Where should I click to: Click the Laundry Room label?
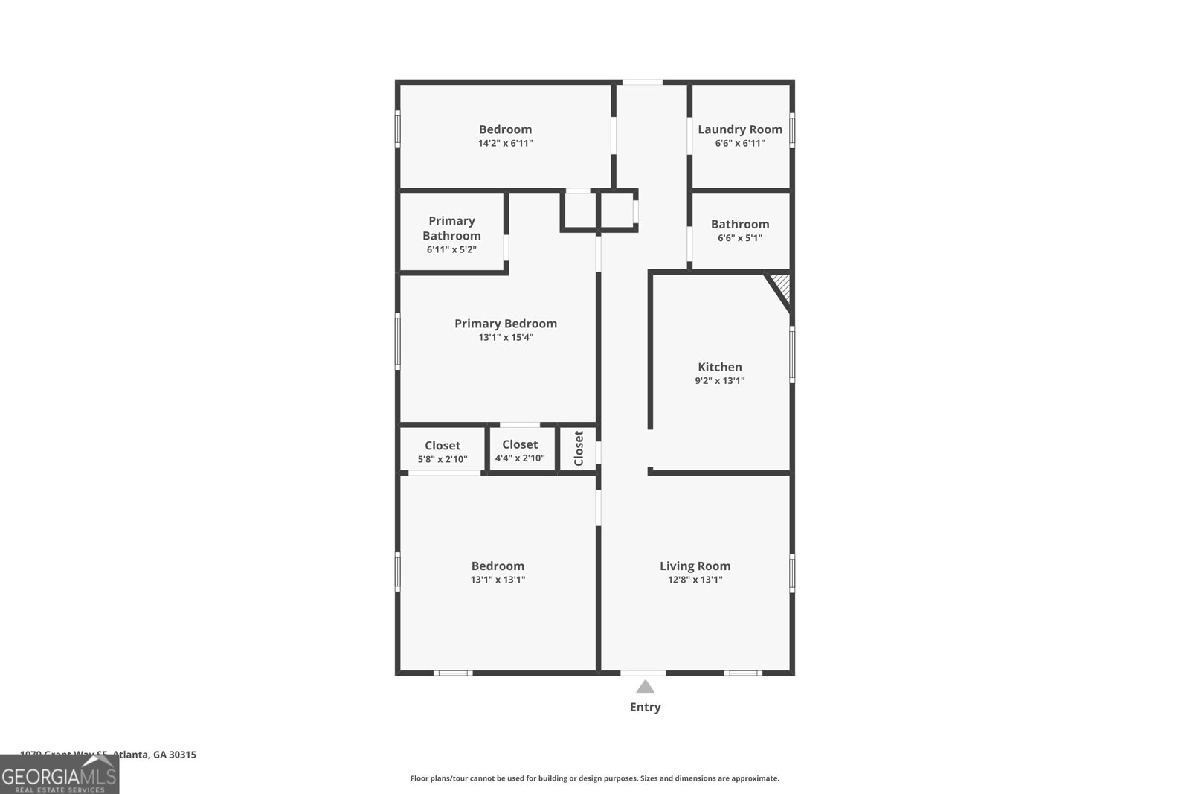point(739,129)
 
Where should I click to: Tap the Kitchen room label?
point(719,367)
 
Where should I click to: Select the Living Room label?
point(695,566)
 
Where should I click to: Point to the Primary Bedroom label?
point(505,324)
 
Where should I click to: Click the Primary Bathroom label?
point(451,228)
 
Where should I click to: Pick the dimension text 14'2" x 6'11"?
point(505,144)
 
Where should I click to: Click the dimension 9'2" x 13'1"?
point(719,381)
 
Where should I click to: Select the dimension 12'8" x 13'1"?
point(695,580)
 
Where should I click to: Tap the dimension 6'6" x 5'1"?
point(739,238)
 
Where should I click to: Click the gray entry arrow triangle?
point(645,687)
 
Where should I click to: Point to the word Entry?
point(645,708)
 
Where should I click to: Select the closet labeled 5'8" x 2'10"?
point(443,452)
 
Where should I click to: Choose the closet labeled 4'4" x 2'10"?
point(520,450)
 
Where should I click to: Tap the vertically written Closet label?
point(579,448)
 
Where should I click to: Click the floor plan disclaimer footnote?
point(594,778)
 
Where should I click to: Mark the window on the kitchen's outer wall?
point(792,355)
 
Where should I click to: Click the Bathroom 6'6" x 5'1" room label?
point(739,225)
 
